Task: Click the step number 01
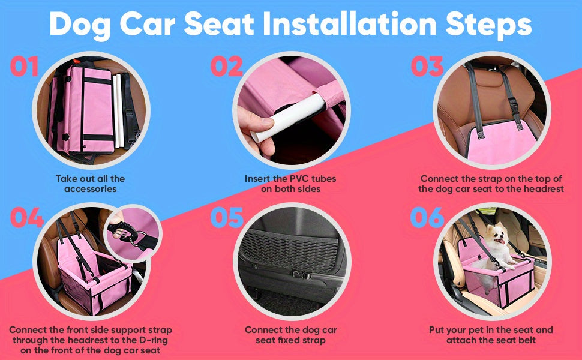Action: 25,67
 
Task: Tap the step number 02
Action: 226,67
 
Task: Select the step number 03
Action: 427,67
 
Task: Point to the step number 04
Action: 26,218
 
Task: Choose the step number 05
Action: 226,218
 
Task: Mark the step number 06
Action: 427,218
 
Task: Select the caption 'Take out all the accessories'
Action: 90,184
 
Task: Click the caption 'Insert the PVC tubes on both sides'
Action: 290,184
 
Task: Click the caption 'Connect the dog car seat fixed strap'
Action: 290,335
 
